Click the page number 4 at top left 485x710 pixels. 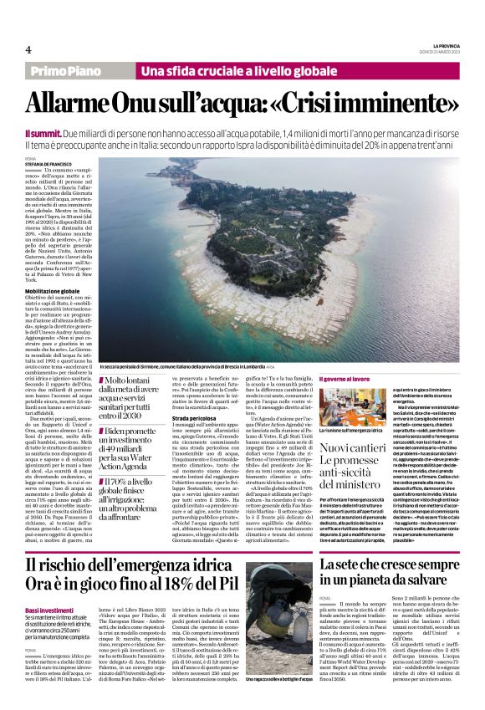pyautogui.click(x=28, y=49)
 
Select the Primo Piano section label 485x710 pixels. pyautogui.click(x=67, y=72)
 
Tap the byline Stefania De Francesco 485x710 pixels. pyautogui.click(x=48, y=165)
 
